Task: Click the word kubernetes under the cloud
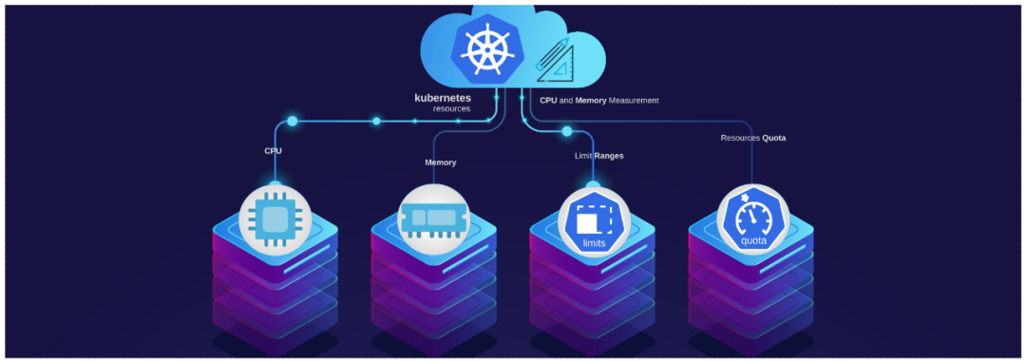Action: pyautogui.click(x=442, y=97)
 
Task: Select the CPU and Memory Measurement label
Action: pyautogui.click(x=598, y=100)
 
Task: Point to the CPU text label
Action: pyautogui.click(x=273, y=150)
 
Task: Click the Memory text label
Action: pyautogui.click(x=440, y=162)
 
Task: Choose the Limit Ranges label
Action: pyautogui.click(x=598, y=155)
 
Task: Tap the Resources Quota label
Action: pyautogui.click(x=752, y=138)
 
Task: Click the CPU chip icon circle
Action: pyautogui.click(x=275, y=219)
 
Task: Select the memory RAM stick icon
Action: pyautogui.click(x=433, y=219)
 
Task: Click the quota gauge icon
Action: pyautogui.click(x=751, y=219)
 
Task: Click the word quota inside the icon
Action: pyautogui.click(x=751, y=240)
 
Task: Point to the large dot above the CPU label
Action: pyautogui.click(x=292, y=122)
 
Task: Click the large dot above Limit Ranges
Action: pyautogui.click(x=567, y=131)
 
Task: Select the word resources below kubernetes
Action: pyautogui.click(x=451, y=109)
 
